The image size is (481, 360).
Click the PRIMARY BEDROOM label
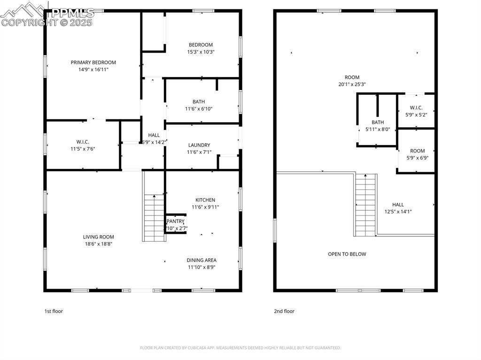[93, 62]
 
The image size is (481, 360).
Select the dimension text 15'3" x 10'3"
[201, 52]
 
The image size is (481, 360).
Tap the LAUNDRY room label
[199, 145]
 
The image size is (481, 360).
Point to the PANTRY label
[175, 222]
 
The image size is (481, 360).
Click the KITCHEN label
[205, 200]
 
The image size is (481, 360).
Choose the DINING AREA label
[202, 260]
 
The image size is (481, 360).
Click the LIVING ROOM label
[99, 237]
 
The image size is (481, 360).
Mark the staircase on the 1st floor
[155, 217]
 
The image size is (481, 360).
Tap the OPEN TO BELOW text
[347, 254]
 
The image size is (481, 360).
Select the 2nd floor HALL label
[398, 205]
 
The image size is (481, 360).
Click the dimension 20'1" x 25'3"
[352, 84]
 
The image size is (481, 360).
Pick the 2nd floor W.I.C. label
[416, 107]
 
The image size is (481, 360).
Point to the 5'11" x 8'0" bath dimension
[378, 129]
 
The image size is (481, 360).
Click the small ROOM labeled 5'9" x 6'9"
[417, 151]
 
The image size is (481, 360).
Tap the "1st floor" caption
[53, 311]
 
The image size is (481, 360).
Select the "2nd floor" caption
[284, 311]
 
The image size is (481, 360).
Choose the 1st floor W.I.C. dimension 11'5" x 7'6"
[83, 149]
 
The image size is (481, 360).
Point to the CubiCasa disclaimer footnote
[240, 348]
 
